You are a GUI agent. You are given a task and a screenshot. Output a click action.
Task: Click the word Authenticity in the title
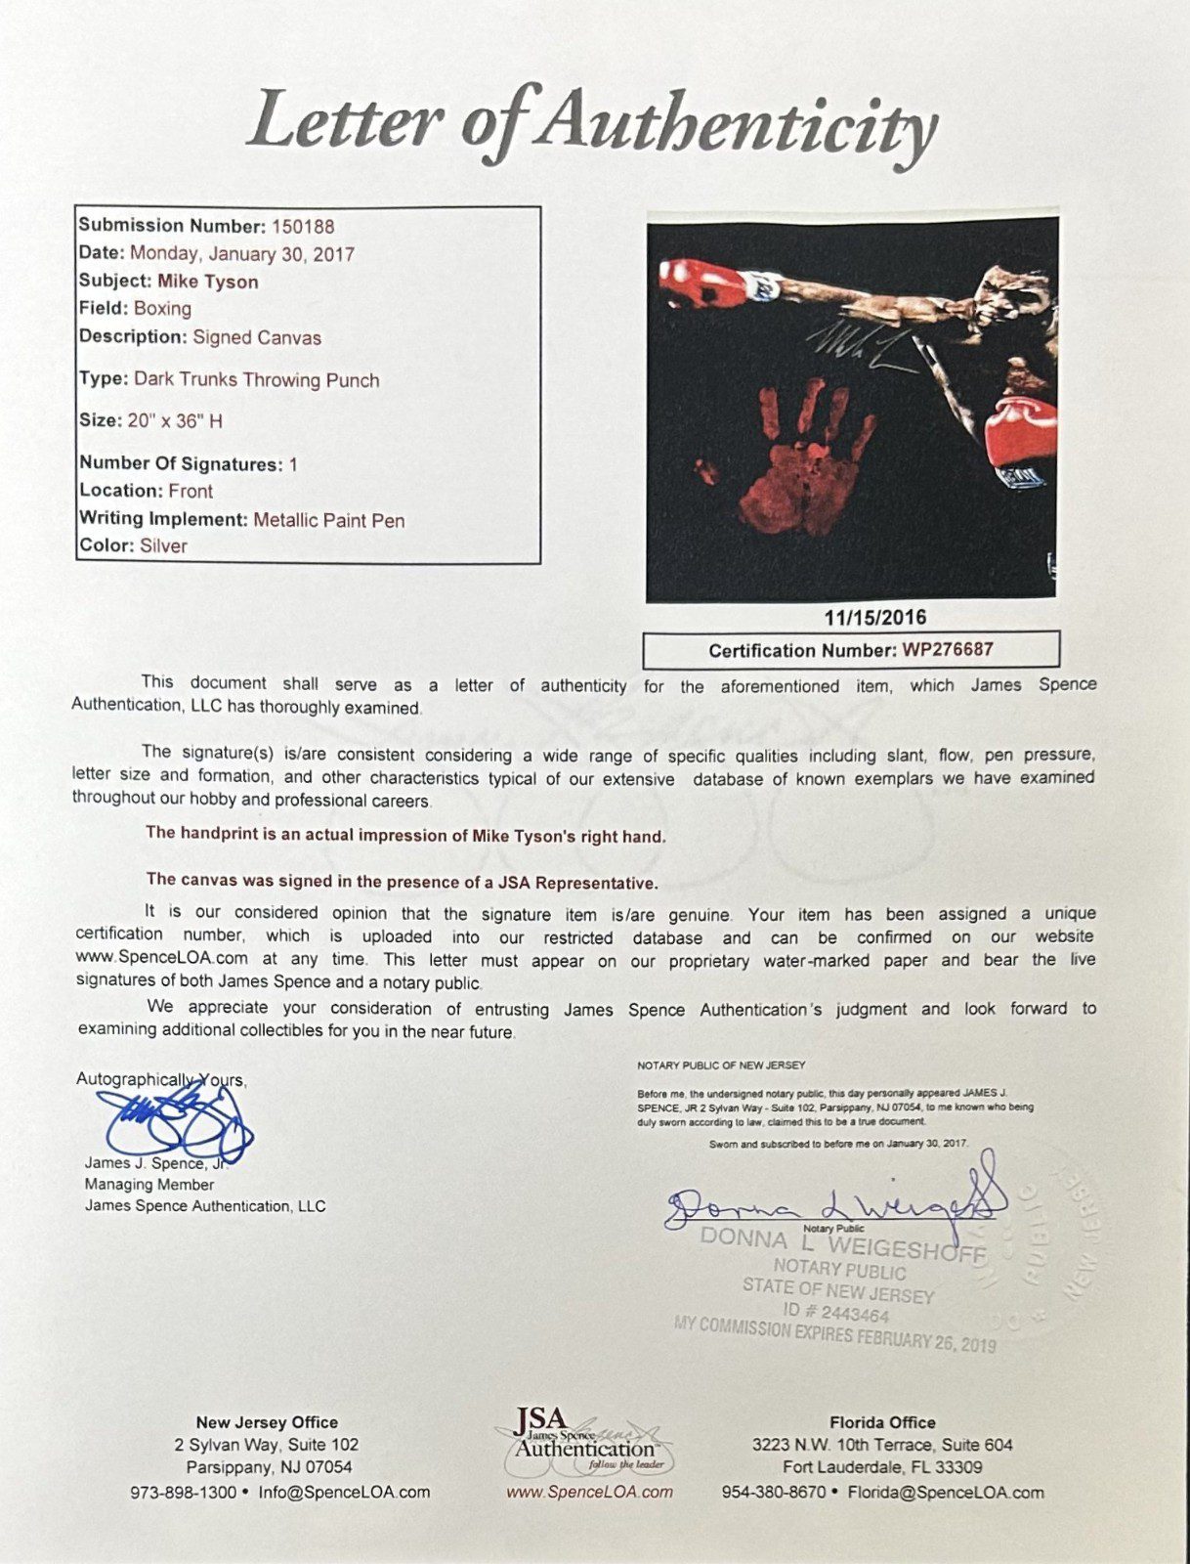pos(739,125)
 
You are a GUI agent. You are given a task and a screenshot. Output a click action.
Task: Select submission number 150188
pos(303,227)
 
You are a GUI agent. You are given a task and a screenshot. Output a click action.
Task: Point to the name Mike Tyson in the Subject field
pos(208,282)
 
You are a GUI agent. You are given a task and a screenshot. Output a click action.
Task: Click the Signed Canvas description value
pos(257,338)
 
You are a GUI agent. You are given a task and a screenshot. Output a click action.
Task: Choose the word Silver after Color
pos(163,546)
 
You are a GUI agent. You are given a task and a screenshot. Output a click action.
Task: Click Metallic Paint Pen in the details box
pos(329,521)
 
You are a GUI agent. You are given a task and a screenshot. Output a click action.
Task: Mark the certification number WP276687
pos(948,650)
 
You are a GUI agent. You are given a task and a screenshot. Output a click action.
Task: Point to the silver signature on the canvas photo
pos(860,348)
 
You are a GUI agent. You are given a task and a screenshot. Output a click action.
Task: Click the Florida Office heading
pos(882,1423)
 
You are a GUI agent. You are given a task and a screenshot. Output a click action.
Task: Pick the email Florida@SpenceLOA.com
pos(945,1493)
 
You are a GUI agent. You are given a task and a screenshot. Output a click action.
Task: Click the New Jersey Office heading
pos(267,1423)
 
